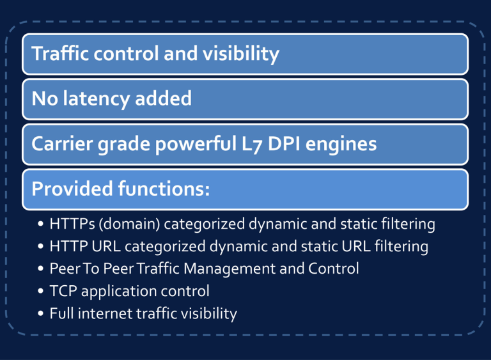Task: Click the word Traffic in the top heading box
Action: pos(61,53)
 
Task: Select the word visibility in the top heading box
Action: pos(241,54)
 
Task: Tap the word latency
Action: pos(97,99)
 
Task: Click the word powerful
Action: pos(196,144)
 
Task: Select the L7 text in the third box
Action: pos(252,145)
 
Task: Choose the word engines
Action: pos(341,145)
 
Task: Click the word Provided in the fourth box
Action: pos(72,189)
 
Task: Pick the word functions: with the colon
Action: pos(164,189)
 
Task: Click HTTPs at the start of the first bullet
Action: pos(72,224)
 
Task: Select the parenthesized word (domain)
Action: pos(129,224)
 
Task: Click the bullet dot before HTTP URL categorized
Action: pos(40,246)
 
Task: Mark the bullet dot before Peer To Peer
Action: pos(40,269)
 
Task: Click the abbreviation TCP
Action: pos(63,291)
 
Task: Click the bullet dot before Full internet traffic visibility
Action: pos(40,313)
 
